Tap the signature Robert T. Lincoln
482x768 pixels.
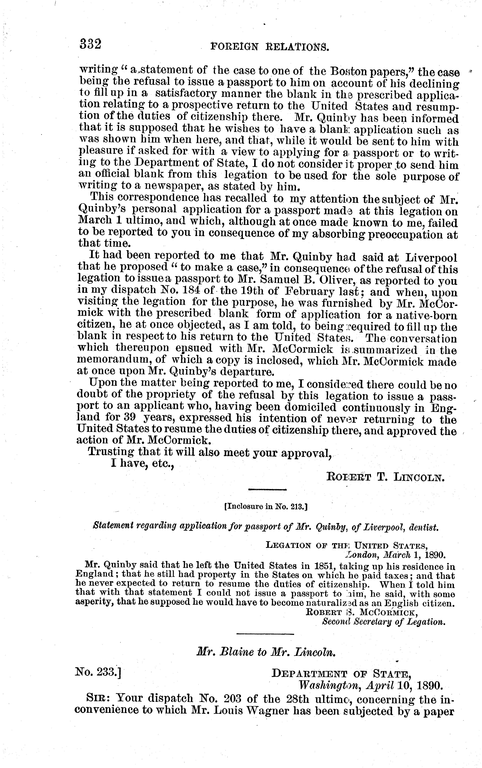tap(385, 477)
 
